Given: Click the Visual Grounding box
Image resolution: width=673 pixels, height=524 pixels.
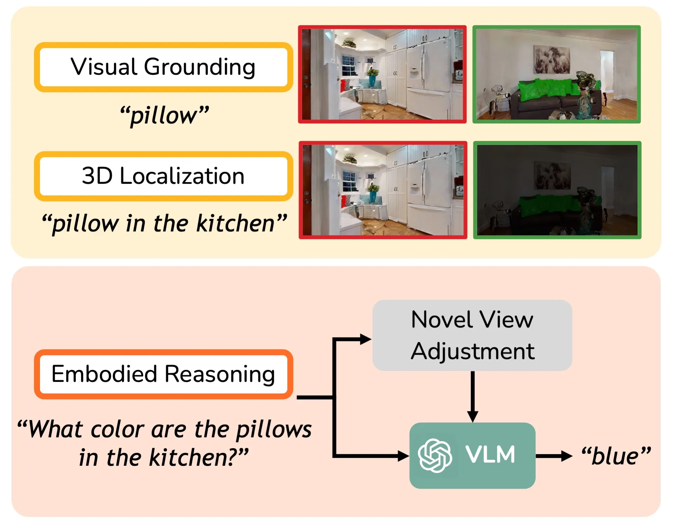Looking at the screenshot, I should coord(163,67).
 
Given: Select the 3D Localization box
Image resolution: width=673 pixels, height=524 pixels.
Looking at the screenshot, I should coord(163,176).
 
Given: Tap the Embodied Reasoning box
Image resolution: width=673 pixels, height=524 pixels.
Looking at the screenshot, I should coord(163,374).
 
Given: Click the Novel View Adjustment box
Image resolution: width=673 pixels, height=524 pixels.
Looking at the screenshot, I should coord(472,335).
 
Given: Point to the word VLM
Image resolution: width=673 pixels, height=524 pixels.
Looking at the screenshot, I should coord(490,455).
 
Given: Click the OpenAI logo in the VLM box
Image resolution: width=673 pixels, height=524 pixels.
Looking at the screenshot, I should coord(435,456).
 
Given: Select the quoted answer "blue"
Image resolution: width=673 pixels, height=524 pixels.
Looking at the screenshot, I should coord(616,456).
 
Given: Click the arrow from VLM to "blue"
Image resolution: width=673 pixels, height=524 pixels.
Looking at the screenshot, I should coord(554,456).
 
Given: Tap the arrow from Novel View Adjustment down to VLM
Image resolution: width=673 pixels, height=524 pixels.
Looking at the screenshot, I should coord(473,397).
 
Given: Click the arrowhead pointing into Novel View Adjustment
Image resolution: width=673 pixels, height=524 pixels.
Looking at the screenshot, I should coord(365,339).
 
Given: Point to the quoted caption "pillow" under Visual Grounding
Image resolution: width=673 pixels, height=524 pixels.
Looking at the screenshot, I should coord(164,115).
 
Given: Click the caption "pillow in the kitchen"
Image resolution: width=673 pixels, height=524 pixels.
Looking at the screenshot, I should coord(164,224).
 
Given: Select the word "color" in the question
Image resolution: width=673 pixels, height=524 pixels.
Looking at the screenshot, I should coord(117,430).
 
